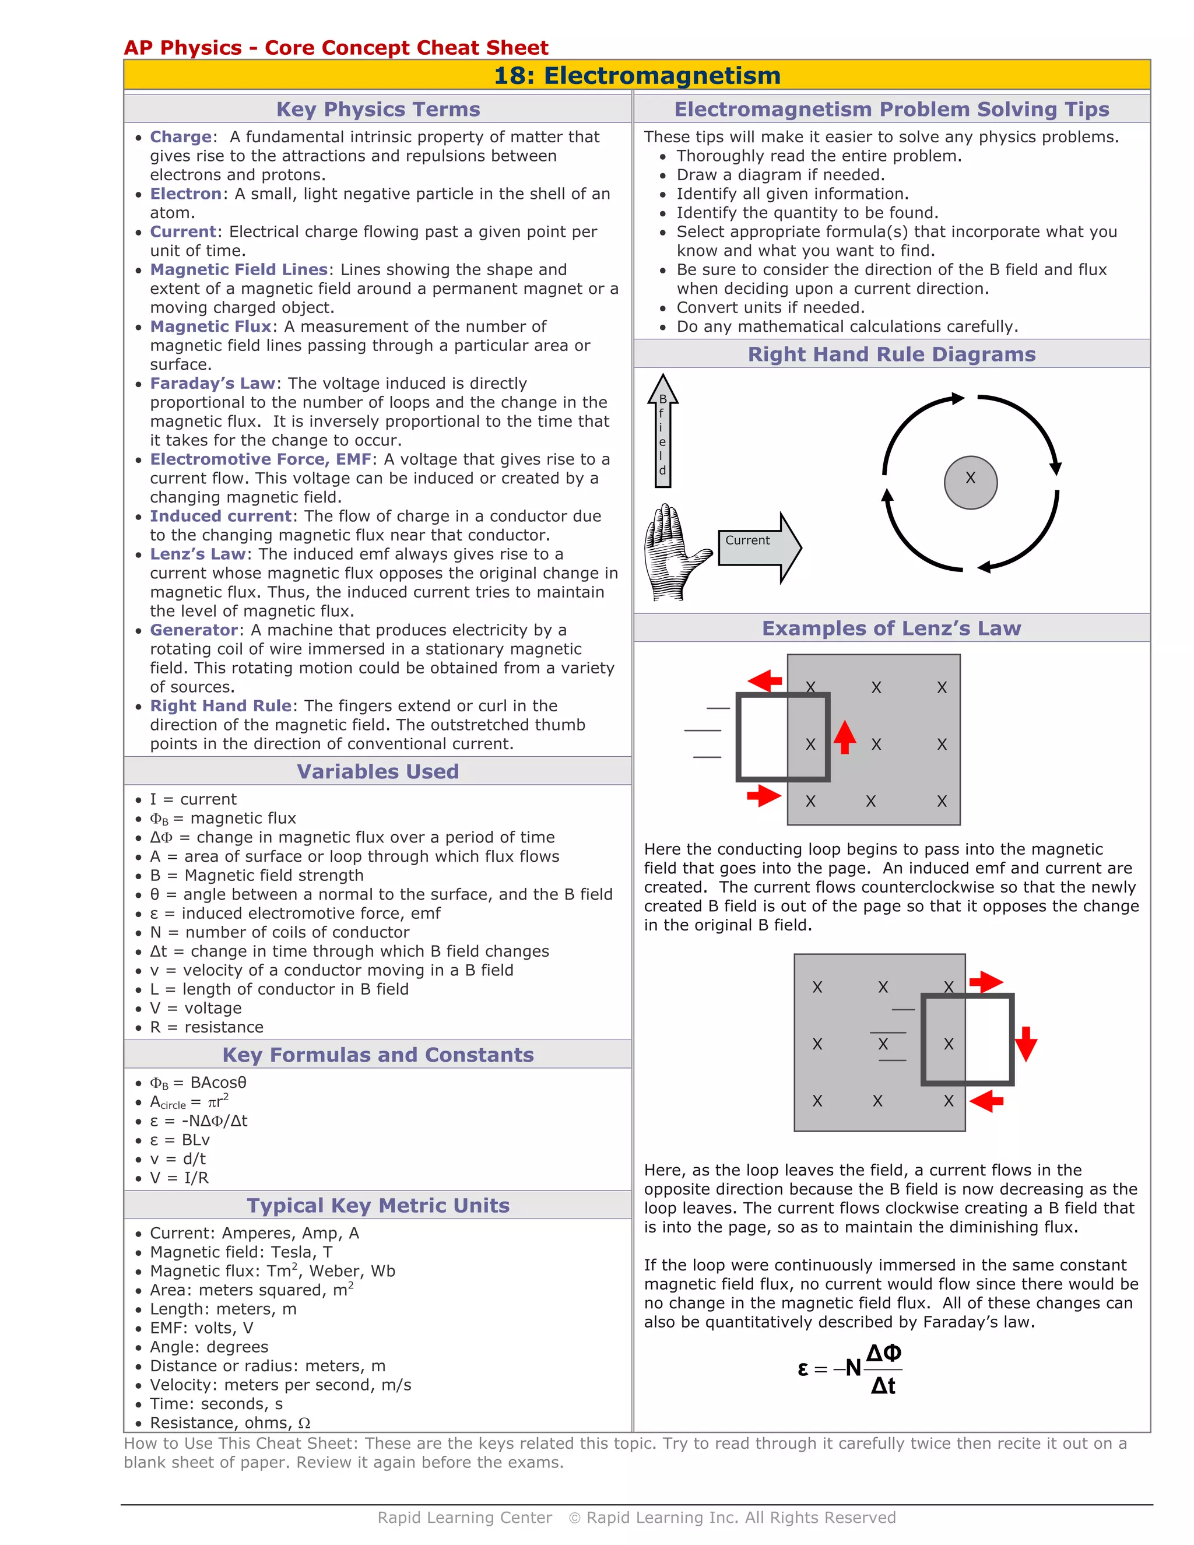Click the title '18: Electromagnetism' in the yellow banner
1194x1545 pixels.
pos(637,76)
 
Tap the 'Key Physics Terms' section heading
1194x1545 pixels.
pos(378,109)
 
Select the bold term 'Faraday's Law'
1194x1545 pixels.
pos(212,384)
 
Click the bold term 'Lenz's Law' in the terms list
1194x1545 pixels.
pos(198,554)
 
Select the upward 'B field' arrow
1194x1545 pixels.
pos(663,431)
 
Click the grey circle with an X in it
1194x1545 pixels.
pos(971,483)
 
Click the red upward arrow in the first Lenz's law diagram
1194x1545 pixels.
pos(845,737)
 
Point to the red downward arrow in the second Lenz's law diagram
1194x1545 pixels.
pos(1026,1044)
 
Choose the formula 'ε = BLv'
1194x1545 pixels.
pos(180,1140)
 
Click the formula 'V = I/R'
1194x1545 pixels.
pos(179,1178)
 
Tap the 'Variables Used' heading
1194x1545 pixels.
pos(378,771)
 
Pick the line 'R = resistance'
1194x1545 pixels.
pos(206,1027)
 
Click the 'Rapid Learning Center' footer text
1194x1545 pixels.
pos(464,1518)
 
